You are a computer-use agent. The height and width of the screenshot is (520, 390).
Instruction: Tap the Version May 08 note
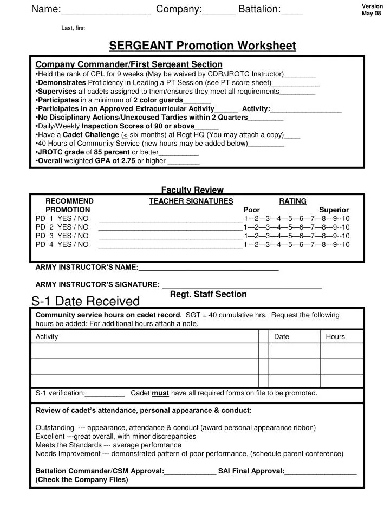[372, 9]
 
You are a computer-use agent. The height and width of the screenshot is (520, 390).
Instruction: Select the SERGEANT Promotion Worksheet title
[203, 45]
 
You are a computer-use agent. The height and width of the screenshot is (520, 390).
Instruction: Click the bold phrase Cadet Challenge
[90, 135]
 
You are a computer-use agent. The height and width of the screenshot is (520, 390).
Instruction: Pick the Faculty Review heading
[192, 190]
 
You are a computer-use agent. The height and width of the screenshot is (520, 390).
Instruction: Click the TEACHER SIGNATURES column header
[191, 201]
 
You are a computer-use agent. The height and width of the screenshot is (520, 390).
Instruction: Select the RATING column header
[292, 201]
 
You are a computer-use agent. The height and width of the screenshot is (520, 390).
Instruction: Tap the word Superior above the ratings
[334, 210]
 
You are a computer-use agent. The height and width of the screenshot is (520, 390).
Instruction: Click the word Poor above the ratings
[252, 210]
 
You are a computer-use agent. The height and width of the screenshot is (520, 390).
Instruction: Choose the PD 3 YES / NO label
[62, 236]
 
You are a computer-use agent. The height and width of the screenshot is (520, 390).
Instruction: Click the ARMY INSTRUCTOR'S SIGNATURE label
[97, 284]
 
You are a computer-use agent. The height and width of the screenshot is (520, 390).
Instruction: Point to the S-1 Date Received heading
[86, 301]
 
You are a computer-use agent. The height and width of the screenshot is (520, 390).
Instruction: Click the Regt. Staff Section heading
[208, 294]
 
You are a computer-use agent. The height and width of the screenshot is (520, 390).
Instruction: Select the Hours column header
[335, 336]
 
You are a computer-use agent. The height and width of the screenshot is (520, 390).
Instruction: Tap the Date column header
[282, 336]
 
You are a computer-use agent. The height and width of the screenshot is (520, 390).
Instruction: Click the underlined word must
[160, 393]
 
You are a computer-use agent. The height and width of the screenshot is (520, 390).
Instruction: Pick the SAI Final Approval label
[251, 471]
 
